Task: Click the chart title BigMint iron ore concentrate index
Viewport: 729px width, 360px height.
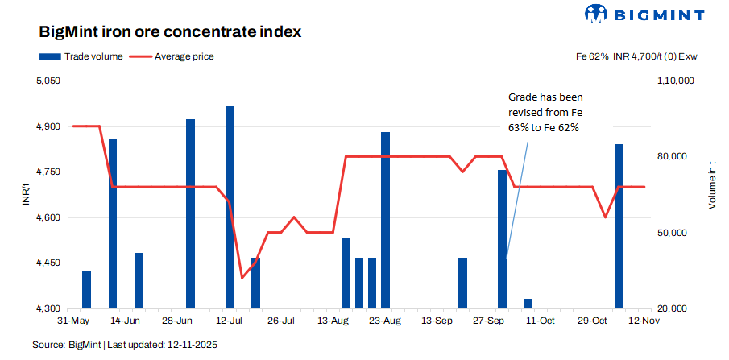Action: [171, 33]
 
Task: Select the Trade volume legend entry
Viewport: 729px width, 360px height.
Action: [81, 56]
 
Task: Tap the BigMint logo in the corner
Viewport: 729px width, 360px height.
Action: [644, 14]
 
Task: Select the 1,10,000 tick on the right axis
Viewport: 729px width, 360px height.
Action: [676, 81]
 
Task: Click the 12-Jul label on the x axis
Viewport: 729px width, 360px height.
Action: [230, 321]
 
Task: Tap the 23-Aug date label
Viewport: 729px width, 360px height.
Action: [385, 321]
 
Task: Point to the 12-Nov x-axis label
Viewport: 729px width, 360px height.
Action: [644, 321]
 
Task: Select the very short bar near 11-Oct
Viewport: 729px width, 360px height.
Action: [528, 304]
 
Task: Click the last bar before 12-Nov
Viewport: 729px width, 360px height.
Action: [619, 226]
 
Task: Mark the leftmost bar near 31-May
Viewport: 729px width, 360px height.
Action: [86, 289]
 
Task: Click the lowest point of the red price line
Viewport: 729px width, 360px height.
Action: [242, 278]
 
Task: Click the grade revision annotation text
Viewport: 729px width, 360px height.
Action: [541, 113]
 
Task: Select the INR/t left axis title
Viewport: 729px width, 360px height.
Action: [26, 195]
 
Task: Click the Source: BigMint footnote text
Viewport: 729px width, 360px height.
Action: [125, 345]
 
